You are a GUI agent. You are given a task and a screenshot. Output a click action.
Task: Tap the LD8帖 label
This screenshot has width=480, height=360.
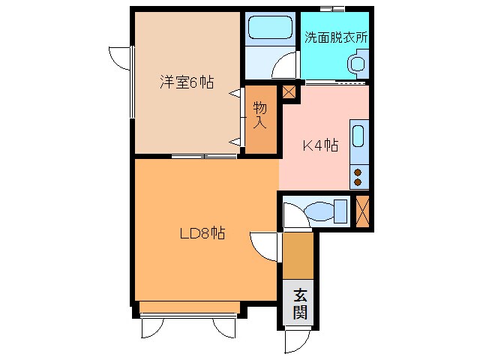[202, 233]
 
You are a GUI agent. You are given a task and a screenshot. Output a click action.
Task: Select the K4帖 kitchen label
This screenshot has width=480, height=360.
[320, 145]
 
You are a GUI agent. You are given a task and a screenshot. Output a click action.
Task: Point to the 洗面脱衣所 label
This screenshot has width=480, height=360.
[336, 36]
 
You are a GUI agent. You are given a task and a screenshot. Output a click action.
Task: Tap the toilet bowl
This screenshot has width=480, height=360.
[319, 211]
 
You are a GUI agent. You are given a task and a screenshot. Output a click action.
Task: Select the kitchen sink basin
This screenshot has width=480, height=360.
[358, 138]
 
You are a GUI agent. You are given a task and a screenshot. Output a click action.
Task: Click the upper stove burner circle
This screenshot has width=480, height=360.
[358, 169]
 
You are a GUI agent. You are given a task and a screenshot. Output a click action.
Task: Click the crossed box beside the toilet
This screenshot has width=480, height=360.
[363, 210]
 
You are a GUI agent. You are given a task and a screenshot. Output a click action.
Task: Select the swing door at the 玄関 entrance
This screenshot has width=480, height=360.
[296, 341]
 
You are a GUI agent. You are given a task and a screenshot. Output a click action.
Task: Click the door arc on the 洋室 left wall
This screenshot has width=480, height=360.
[120, 58]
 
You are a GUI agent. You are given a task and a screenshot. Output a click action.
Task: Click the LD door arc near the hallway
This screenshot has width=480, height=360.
[264, 245]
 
